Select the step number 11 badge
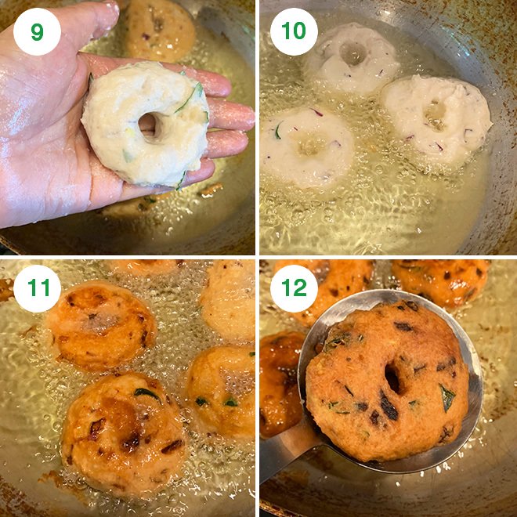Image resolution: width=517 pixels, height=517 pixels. click(x=37, y=289)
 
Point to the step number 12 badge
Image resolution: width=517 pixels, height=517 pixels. click(x=294, y=289)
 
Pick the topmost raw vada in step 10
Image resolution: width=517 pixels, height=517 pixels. click(x=352, y=56)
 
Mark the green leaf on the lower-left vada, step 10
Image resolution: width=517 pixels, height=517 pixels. click(x=278, y=131)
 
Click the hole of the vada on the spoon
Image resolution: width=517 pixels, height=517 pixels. click(x=392, y=379)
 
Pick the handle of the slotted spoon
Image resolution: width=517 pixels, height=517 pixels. click(x=282, y=462)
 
